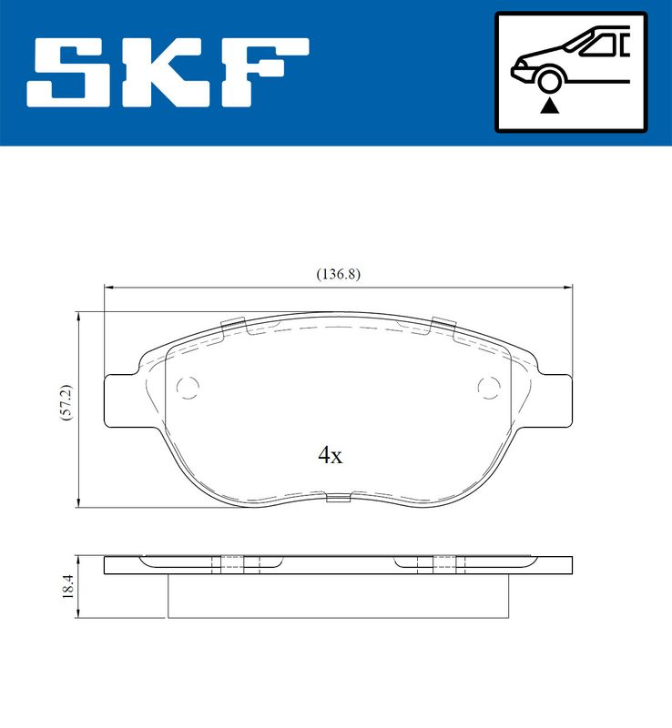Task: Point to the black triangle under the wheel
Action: click(x=548, y=106)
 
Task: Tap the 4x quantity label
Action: click(x=330, y=456)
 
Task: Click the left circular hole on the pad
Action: click(x=188, y=388)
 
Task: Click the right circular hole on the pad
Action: click(x=489, y=388)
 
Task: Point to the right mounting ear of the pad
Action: click(x=554, y=400)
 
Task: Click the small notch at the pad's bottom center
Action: click(x=338, y=497)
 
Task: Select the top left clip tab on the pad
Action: click(x=234, y=323)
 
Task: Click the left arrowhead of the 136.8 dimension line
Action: click(x=109, y=287)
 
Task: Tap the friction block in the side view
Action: click(x=338, y=596)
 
